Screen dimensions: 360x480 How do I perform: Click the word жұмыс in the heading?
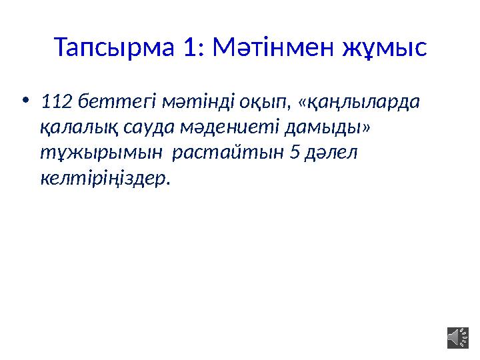(384, 47)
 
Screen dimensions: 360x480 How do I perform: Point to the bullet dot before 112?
(25, 101)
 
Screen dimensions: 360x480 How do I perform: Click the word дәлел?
(333, 153)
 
